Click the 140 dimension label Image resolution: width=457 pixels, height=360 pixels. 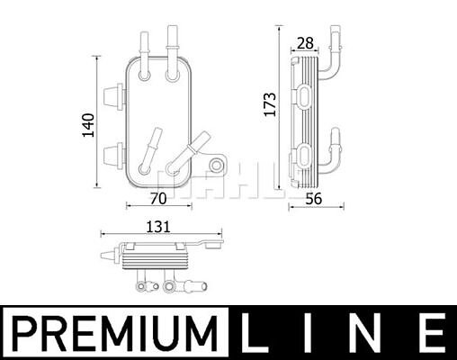click(89, 125)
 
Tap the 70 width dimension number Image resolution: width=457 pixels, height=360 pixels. click(158, 198)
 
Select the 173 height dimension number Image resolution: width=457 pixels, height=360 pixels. click(270, 104)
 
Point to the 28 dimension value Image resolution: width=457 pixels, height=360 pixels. click(305, 43)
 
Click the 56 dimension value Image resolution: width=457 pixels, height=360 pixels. click(314, 199)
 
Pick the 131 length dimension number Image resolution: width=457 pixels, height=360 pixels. click(158, 227)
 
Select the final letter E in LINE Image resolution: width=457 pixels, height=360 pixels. click(430, 333)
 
